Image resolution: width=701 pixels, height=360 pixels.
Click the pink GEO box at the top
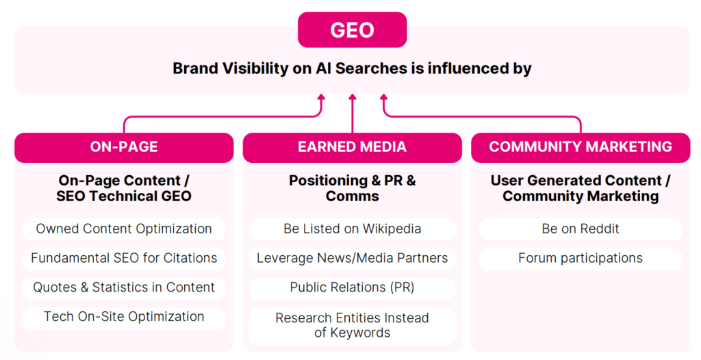(x=352, y=31)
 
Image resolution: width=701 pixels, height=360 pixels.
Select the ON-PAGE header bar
(x=124, y=147)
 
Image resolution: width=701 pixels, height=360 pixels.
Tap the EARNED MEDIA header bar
(x=352, y=147)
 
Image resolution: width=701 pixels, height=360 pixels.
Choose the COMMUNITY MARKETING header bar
(x=581, y=147)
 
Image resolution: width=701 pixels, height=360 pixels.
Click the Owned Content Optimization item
(x=124, y=229)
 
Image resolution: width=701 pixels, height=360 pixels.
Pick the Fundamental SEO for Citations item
(x=124, y=258)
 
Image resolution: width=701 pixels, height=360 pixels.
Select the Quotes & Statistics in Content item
(x=124, y=287)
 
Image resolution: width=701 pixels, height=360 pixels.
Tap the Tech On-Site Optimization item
(x=124, y=317)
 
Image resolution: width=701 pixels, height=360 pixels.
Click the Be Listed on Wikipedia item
(x=352, y=229)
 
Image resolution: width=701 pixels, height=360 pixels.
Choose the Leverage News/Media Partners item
(x=352, y=258)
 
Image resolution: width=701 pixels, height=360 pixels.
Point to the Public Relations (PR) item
(x=352, y=287)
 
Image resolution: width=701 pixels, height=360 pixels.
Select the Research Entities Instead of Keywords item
(x=352, y=325)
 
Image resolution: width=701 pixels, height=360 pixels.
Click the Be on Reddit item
(x=581, y=229)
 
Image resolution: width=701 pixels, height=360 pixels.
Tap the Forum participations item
(x=581, y=258)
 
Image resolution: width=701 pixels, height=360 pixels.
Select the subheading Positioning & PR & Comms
(x=352, y=188)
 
